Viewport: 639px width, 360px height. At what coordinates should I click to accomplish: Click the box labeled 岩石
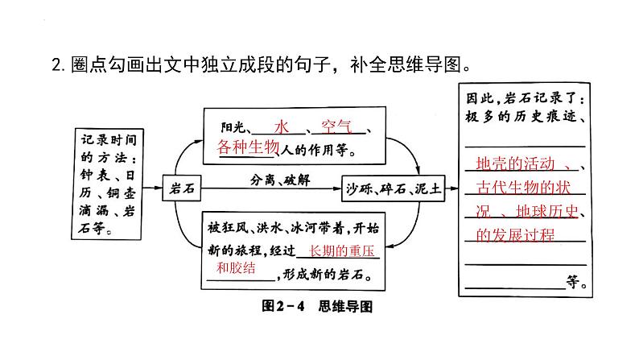tap(178, 188)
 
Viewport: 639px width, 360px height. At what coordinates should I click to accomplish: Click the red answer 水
tap(281, 127)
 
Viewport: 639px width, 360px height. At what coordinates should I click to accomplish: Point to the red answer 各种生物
tap(247, 147)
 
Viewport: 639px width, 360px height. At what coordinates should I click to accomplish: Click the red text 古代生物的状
tap(524, 188)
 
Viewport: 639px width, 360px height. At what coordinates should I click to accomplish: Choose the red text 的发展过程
tap(515, 234)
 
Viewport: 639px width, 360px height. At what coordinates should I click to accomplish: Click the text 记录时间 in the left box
tap(106, 138)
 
